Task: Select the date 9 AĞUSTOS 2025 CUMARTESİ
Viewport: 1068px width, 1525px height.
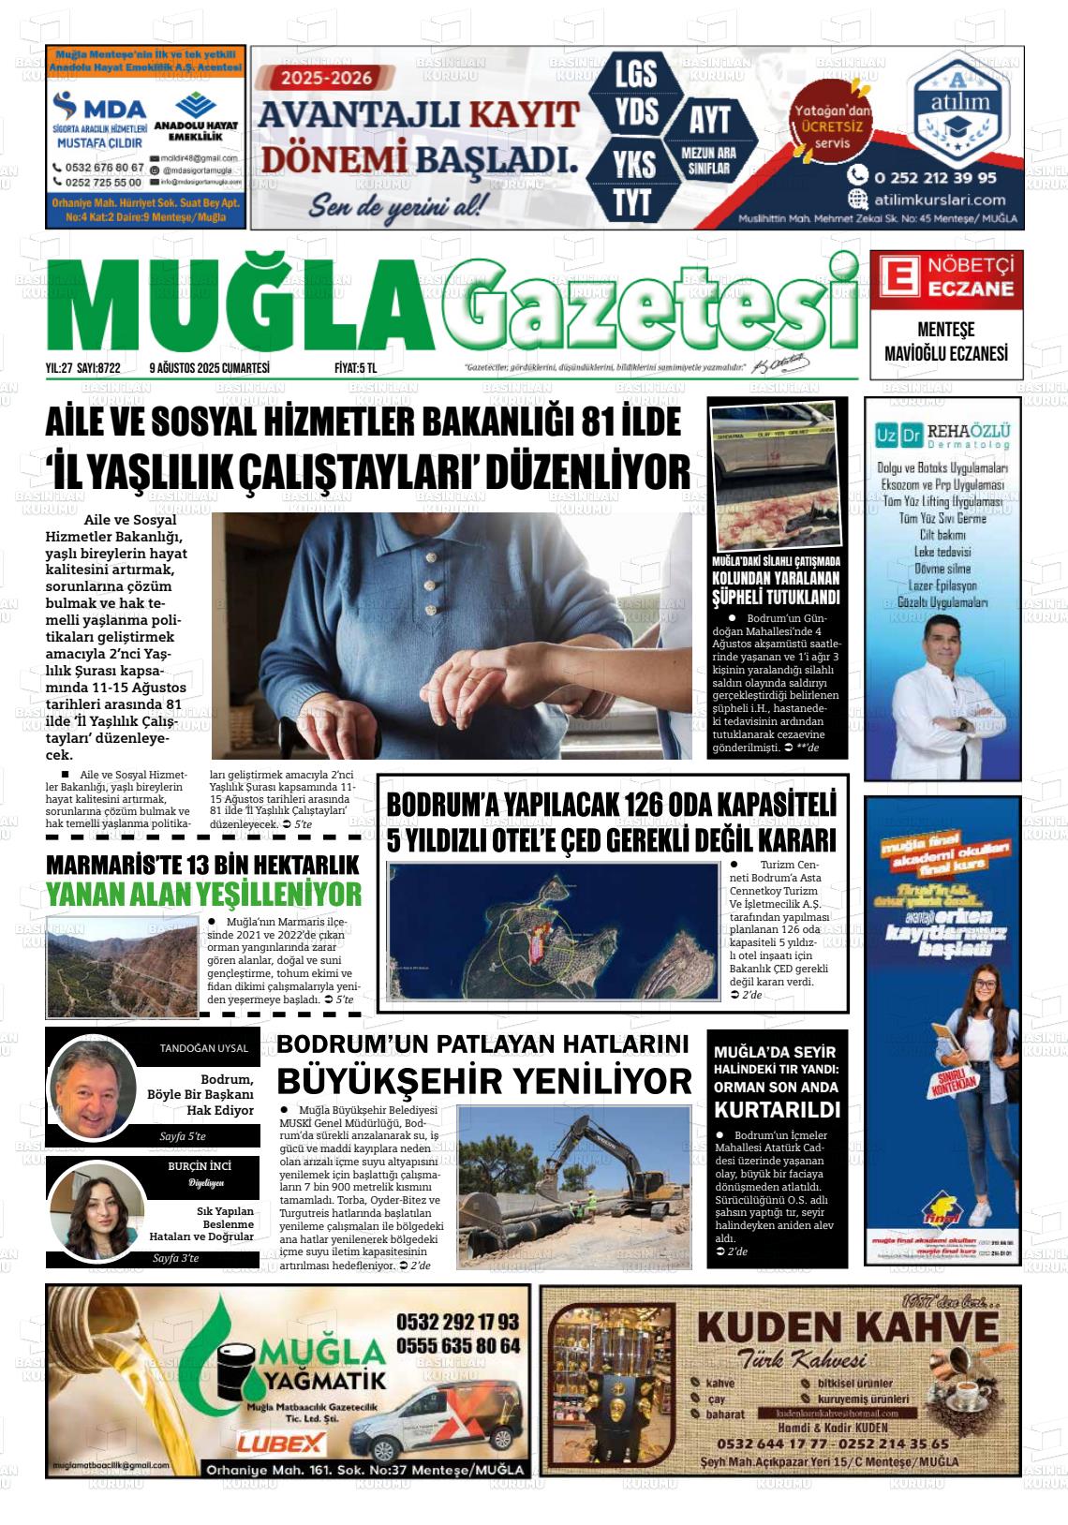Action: tap(209, 368)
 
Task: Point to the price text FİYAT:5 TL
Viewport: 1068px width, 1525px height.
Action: tap(355, 368)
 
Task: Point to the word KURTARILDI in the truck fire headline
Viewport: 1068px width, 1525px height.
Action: tap(777, 1110)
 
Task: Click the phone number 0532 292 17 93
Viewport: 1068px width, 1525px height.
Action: tap(457, 1322)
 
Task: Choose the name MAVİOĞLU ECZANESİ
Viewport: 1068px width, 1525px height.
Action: tap(945, 353)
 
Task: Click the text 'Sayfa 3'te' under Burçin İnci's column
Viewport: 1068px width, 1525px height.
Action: tap(175, 1258)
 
